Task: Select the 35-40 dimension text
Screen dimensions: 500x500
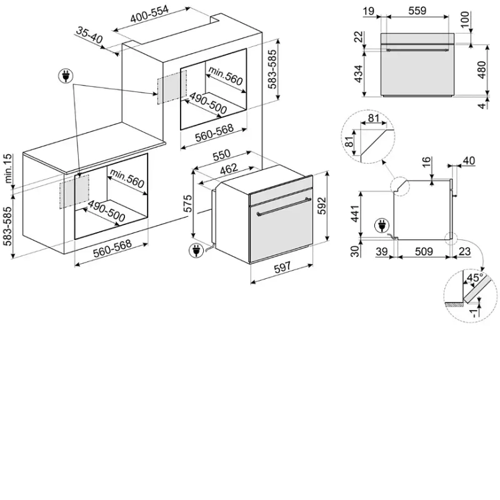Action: point(89,35)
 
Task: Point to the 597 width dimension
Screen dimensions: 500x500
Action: point(282,267)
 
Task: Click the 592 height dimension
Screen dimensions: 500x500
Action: point(322,206)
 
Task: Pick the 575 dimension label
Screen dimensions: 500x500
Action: point(187,203)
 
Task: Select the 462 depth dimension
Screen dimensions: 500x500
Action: point(229,169)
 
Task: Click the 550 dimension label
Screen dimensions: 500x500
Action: point(221,155)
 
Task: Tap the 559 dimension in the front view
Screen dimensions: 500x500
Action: point(417,11)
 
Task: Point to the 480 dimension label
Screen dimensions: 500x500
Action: point(481,69)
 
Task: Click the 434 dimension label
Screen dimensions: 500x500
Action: point(359,74)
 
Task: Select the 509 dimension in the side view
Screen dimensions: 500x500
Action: point(424,252)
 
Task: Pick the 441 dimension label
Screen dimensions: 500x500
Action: point(354,214)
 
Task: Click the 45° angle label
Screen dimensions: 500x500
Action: point(474,277)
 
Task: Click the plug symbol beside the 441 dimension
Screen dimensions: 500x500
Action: point(382,226)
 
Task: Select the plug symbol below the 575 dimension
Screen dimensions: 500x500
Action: point(196,251)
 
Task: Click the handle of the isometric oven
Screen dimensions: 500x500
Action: point(284,206)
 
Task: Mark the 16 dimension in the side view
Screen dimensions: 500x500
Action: point(426,162)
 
